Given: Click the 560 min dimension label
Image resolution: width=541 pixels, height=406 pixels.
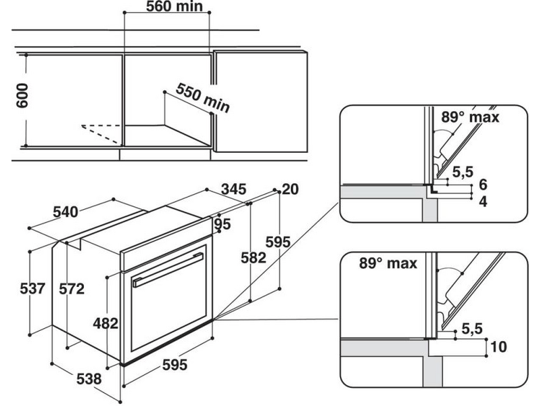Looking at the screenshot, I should pyautogui.click(x=174, y=7).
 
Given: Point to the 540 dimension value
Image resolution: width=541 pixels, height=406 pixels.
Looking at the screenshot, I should pyautogui.click(x=66, y=212).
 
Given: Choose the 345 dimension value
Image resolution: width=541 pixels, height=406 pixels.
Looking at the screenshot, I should pyautogui.click(x=233, y=189).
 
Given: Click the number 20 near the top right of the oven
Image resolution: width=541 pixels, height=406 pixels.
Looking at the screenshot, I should pyautogui.click(x=290, y=189).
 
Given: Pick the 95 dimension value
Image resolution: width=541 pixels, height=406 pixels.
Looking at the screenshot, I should pyautogui.click(x=222, y=224).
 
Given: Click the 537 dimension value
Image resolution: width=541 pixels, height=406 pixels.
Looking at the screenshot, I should pyautogui.click(x=31, y=289).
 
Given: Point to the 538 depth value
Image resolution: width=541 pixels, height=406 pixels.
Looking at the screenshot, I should pyautogui.click(x=88, y=379).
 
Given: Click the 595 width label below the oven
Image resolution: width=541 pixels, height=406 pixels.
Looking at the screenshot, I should pyautogui.click(x=174, y=365).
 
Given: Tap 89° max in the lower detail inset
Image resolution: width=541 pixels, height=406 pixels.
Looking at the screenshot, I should pyautogui.click(x=388, y=263).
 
